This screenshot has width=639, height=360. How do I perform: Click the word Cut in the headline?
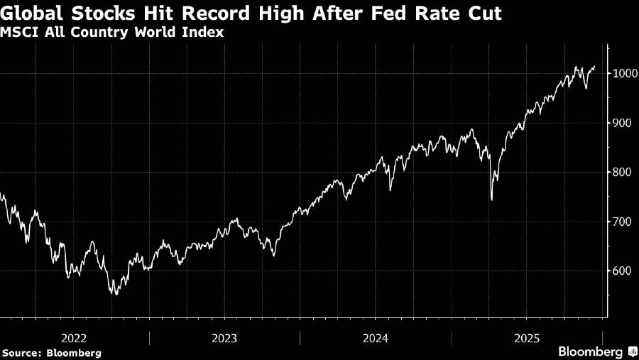(486, 14)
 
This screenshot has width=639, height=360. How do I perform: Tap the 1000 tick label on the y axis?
(623, 73)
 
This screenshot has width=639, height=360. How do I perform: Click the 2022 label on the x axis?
(74, 338)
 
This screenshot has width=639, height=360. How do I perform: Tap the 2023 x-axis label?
(224, 338)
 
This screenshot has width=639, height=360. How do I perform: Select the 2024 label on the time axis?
(376, 338)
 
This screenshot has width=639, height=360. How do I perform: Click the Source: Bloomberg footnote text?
(51, 352)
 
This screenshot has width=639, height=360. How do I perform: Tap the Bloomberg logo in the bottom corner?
(595, 351)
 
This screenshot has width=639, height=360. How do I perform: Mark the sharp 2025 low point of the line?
(492, 200)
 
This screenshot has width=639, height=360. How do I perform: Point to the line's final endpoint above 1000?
(595, 67)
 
